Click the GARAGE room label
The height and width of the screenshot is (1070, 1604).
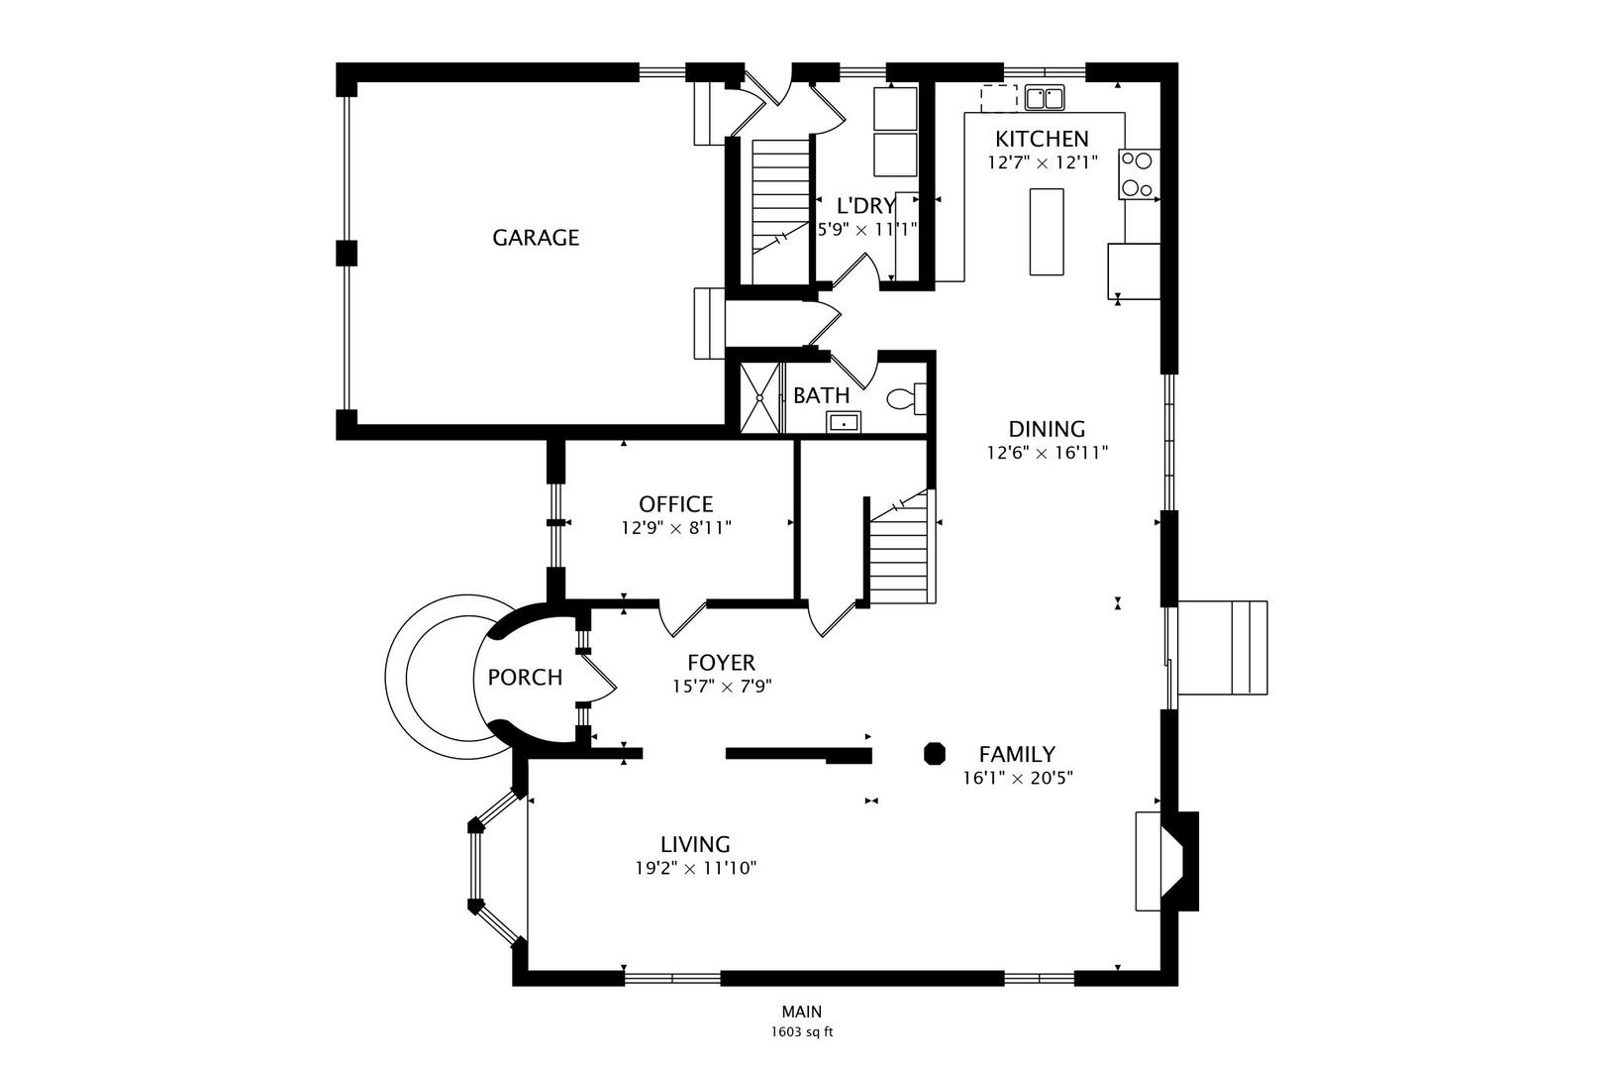coord(536,237)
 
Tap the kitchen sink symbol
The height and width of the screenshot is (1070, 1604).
coord(1044,97)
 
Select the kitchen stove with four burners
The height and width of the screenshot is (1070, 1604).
coord(1139,174)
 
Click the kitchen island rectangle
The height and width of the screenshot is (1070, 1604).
coord(1047,232)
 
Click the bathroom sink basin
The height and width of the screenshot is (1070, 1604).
coord(845,423)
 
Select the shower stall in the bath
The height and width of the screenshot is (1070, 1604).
coord(759,397)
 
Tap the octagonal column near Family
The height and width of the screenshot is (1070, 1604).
coord(935,754)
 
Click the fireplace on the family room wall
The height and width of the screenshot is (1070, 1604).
coord(1167,861)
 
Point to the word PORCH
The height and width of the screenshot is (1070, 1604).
coord(525,678)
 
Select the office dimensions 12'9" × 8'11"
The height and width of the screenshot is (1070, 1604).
coord(676,529)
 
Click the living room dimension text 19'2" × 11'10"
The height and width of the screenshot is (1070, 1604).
coord(696,869)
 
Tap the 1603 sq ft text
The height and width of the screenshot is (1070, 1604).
coord(802,1032)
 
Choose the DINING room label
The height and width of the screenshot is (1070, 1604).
coord(1047,429)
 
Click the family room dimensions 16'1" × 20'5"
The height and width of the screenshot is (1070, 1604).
coord(1018,779)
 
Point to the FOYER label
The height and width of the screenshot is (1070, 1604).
coord(721,662)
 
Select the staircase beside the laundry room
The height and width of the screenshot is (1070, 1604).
coord(780,211)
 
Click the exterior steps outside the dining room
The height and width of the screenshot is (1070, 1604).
coord(1223,648)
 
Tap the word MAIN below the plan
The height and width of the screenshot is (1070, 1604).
coord(802,1012)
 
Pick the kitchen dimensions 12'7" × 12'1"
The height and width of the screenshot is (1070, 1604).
coord(1043,162)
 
